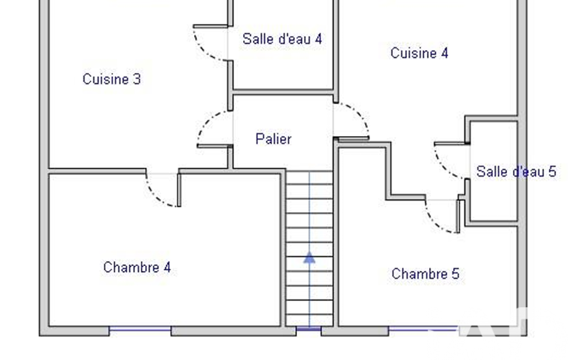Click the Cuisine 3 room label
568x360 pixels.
(x=111, y=79)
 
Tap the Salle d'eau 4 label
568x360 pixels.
(x=282, y=39)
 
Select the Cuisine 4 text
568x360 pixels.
(x=419, y=53)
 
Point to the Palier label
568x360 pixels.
(x=273, y=138)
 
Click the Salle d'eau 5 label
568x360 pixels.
(x=516, y=171)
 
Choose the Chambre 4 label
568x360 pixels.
(x=137, y=268)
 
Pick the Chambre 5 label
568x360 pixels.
(x=425, y=274)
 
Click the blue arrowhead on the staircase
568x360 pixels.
(x=309, y=258)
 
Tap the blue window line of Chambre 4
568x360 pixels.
(x=140, y=329)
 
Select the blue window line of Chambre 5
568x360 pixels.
(x=424, y=329)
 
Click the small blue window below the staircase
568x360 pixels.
(x=309, y=329)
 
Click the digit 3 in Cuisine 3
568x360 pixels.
(x=137, y=79)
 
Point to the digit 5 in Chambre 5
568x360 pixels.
(x=456, y=274)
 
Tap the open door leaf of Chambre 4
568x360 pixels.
(x=178, y=190)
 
